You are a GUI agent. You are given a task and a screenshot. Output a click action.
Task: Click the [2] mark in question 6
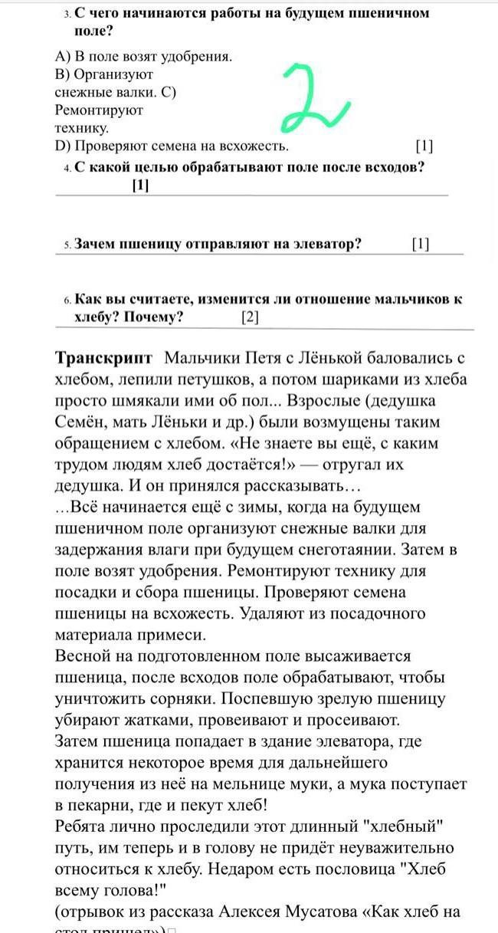pyautogui.click(x=250, y=317)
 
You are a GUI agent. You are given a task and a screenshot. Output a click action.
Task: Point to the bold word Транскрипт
pyautogui.click(x=104, y=359)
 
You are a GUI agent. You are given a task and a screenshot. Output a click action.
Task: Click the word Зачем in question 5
pyautogui.click(x=94, y=245)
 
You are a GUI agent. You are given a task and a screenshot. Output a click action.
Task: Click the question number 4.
pyautogui.click(x=68, y=168)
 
